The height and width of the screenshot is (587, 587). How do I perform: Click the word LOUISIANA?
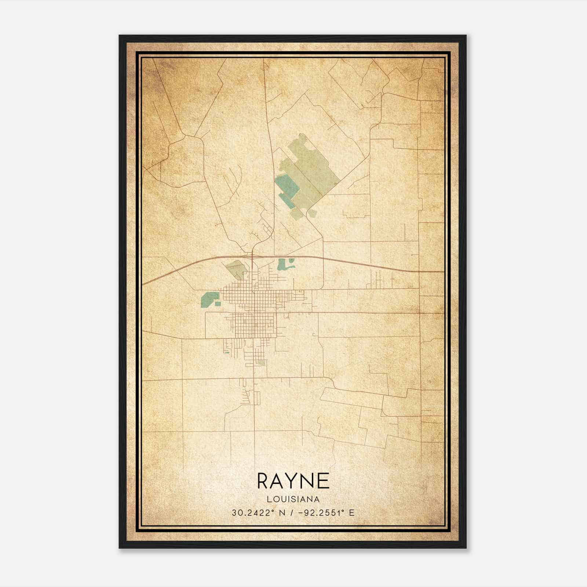(x=293, y=499)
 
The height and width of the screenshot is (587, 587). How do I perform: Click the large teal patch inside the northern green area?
(x=288, y=185)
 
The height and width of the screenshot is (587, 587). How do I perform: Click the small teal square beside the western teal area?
(x=218, y=304)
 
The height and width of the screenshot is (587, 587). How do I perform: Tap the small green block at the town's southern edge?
(x=262, y=362)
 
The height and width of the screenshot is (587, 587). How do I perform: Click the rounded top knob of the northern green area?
(x=302, y=137)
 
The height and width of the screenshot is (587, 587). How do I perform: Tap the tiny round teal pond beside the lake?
(x=292, y=261)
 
